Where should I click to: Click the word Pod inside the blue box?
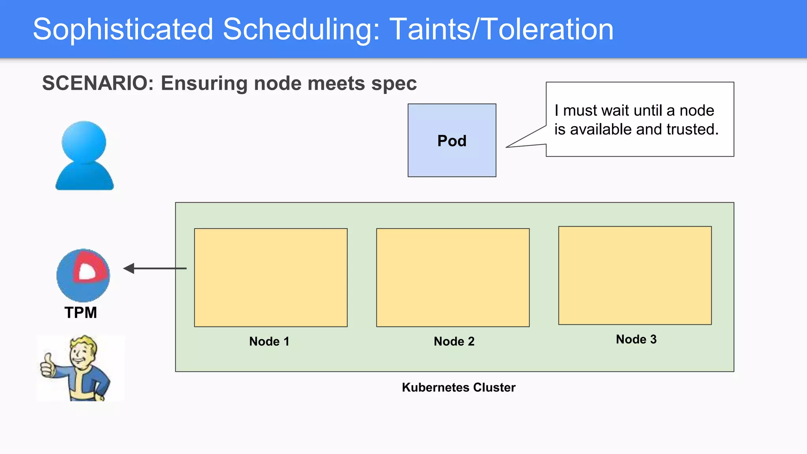click(452, 141)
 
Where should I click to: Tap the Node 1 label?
click(269, 341)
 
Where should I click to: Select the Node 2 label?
click(454, 341)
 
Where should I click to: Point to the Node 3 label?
click(636, 339)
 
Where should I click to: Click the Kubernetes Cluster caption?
click(458, 387)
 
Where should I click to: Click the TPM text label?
click(81, 313)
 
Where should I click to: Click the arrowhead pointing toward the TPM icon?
click(129, 268)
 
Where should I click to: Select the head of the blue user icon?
click(84, 142)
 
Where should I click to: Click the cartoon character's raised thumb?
click(48, 359)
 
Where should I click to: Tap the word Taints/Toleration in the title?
click(501, 30)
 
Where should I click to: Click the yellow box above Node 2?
click(453, 277)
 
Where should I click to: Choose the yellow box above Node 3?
click(635, 275)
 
